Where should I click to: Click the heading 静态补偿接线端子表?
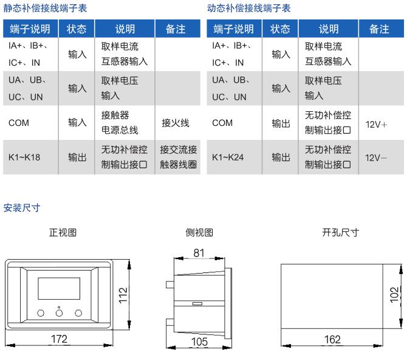(x=45, y=8)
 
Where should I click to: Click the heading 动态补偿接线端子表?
(x=248, y=8)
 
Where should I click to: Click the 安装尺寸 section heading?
(x=21, y=208)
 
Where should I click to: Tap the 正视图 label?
(x=63, y=232)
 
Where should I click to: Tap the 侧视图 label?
(x=199, y=232)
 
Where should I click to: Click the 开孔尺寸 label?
(x=341, y=232)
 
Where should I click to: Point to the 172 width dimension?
(x=59, y=339)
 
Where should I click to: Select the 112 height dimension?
(x=123, y=296)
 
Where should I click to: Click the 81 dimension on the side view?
(x=199, y=253)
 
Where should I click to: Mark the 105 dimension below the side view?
(x=199, y=342)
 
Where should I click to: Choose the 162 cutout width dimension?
(x=332, y=339)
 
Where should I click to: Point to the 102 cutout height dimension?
(x=394, y=295)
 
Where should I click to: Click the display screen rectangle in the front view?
(x=59, y=288)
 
